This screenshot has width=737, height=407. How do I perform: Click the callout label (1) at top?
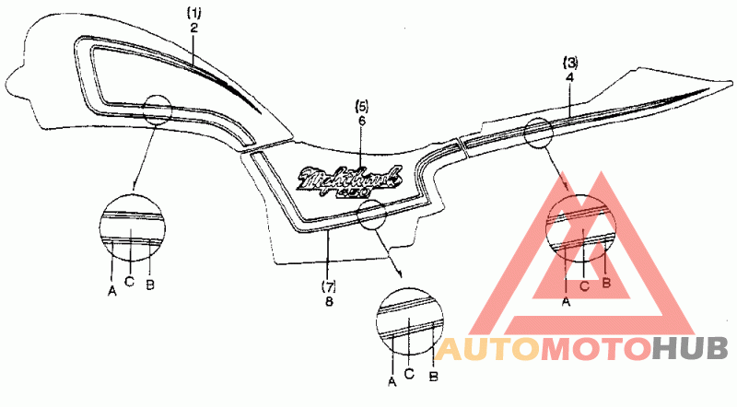click(193, 13)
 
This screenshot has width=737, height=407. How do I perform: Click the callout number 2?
click(193, 29)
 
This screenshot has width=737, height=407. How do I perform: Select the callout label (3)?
click(571, 64)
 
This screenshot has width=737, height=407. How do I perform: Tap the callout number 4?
click(571, 79)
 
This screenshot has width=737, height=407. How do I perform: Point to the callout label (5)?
click(361, 105)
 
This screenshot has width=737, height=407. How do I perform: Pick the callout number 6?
click(361, 121)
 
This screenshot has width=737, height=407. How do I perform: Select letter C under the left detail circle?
click(130, 281)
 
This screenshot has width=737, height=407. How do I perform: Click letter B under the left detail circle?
click(149, 282)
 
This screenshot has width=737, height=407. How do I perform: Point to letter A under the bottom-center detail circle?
click(392, 380)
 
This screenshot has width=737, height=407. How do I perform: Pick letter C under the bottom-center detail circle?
click(410, 373)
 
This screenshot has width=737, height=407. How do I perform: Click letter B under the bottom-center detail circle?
click(433, 376)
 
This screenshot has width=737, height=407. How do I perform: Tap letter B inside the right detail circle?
click(606, 283)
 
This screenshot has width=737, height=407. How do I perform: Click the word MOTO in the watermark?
click(596, 348)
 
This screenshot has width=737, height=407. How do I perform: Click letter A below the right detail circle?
click(566, 300)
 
